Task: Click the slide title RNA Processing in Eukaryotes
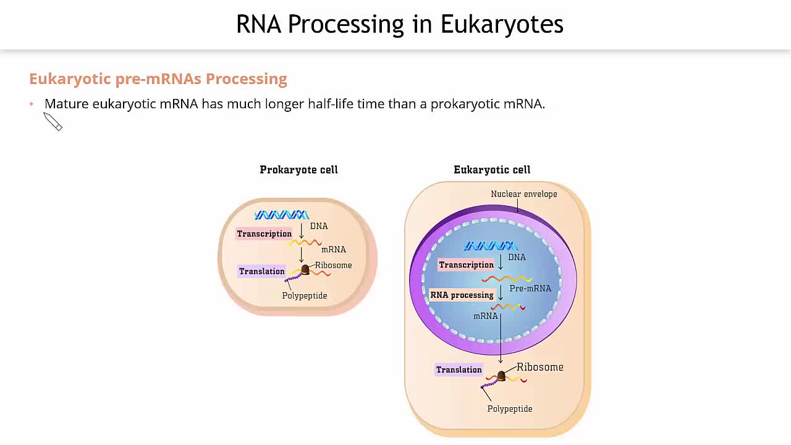point(399,25)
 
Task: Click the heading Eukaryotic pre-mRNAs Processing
point(158,79)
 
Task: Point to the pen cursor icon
point(53,122)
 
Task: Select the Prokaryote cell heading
point(298,170)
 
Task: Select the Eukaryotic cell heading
point(492,170)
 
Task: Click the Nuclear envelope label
point(524,194)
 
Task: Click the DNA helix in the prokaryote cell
point(282,215)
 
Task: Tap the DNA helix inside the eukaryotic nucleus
point(491,246)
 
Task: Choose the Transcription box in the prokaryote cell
point(264,234)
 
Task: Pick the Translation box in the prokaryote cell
point(262,271)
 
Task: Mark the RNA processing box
point(462,295)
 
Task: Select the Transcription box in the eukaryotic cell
point(467,265)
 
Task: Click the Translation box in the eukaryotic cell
point(459,370)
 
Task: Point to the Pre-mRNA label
point(530,289)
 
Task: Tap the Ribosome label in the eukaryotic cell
point(540,367)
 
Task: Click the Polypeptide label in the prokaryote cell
point(305,296)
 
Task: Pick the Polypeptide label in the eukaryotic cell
point(510,409)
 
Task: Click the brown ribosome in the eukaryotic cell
point(501,375)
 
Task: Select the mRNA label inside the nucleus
point(486,316)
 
